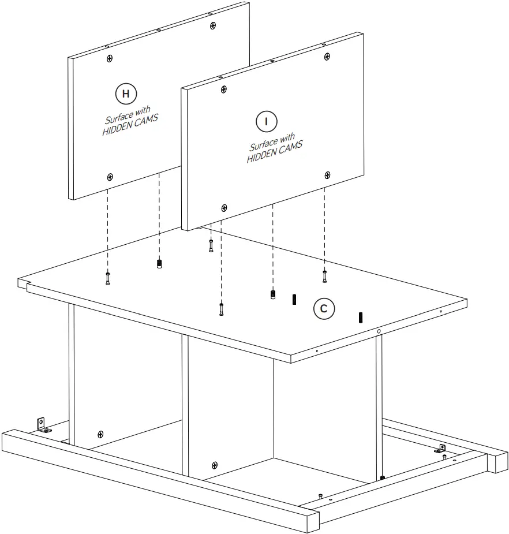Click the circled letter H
[126, 93]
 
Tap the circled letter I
[266, 121]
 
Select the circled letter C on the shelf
[324, 309]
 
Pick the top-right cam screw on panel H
[214, 25]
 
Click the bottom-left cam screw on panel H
[110, 176]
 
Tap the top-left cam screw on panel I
[223, 89]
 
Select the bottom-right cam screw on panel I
[327, 175]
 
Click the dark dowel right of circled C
[361, 317]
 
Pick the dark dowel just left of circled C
[294, 299]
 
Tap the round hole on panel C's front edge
[378, 331]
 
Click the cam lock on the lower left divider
[100, 434]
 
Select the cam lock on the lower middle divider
[215, 465]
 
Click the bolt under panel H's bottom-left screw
[108, 278]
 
